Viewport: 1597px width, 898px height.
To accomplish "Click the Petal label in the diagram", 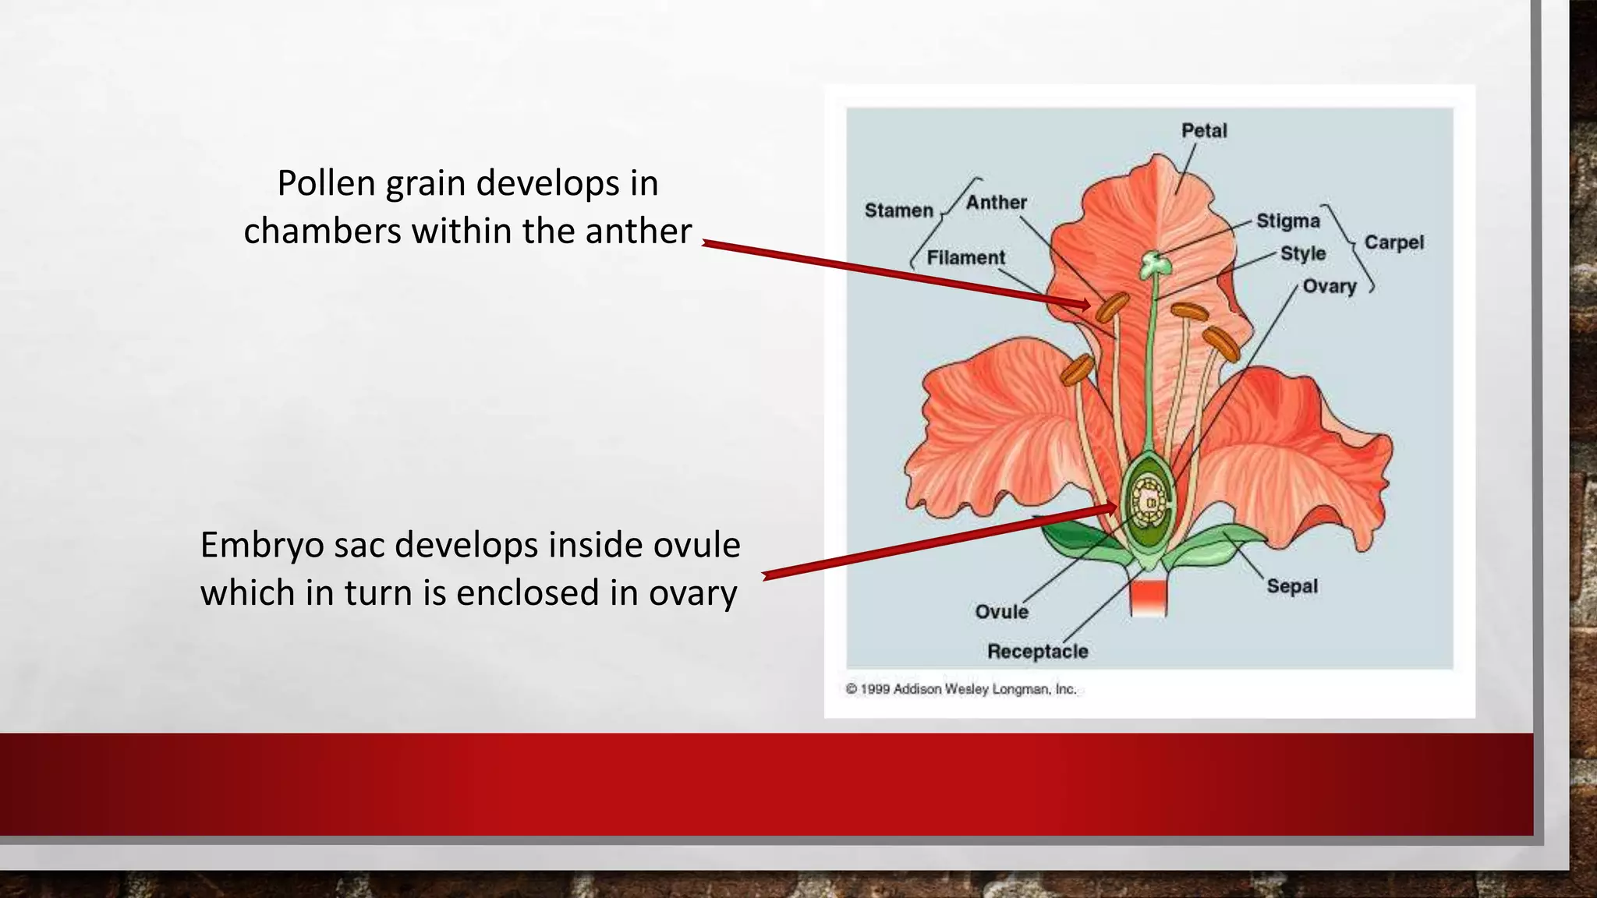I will (x=1203, y=131).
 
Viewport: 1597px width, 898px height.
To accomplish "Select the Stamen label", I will (x=898, y=210).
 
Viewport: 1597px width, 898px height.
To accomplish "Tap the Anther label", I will (x=996, y=203).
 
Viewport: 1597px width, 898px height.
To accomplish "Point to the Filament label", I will (x=965, y=258).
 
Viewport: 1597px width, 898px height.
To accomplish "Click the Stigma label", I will (x=1287, y=221).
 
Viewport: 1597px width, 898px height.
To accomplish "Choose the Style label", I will (x=1302, y=254).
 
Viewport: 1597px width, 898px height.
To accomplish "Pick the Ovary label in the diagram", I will (x=1329, y=287).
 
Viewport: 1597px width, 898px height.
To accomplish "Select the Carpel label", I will (x=1393, y=242).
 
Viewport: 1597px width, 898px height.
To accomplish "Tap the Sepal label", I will (x=1291, y=586).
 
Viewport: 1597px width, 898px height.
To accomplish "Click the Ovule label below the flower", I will (x=1001, y=612).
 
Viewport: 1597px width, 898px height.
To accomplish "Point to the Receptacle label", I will (x=1037, y=652).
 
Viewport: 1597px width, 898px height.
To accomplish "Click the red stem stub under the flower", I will (x=1149, y=597).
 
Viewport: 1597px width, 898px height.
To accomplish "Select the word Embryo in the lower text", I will (x=261, y=545).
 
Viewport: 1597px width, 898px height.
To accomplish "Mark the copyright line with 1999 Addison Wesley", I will (x=961, y=689).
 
